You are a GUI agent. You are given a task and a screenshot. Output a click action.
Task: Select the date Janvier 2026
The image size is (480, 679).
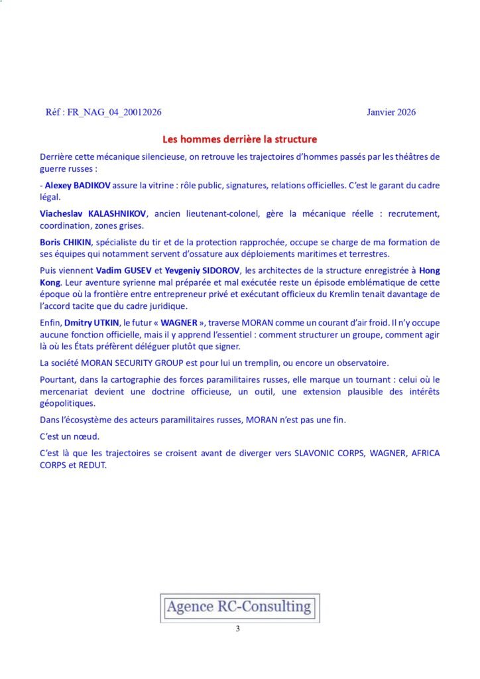[x=391, y=112]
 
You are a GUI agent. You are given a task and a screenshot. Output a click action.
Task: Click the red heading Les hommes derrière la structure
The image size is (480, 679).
[x=239, y=139]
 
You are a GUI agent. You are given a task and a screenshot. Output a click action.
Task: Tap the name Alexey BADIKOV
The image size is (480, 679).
[x=77, y=186]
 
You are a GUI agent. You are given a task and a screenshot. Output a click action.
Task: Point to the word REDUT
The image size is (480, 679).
[x=94, y=465]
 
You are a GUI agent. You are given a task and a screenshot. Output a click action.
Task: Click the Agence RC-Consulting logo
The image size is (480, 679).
[x=239, y=606]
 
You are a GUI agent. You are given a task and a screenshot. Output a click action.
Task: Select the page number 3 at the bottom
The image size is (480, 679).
[x=237, y=629]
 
